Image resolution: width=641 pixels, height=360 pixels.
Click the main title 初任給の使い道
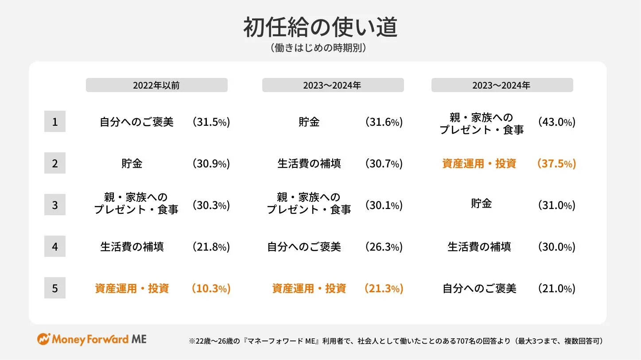click(x=320, y=28)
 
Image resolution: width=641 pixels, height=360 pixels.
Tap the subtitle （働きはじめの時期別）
click(x=320, y=48)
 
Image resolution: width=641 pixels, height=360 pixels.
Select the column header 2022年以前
click(x=156, y=85)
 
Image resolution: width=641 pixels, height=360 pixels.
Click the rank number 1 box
click(x=55, y=121)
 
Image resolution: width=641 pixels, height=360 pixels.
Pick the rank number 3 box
click(x=55, y=205)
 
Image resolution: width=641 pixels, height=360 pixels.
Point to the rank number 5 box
click(x=55, y=288)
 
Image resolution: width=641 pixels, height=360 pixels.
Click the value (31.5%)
click(x=211, y=122)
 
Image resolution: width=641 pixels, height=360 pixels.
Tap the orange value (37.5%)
click(x=556, y=163)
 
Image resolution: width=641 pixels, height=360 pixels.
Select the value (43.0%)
click(x=556, y=122)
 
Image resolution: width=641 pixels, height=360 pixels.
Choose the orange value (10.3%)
click(x=211, y=289)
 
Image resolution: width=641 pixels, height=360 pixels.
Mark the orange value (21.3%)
click(x=384, y=289)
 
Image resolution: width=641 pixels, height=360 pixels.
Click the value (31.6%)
click(x=384, y=122)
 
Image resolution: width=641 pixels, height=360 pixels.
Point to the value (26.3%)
click(x=384, y=247)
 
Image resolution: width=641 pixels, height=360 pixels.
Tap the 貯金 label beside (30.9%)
click(x=132, y=163)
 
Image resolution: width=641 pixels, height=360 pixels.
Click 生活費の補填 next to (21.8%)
click(x=132, y=247)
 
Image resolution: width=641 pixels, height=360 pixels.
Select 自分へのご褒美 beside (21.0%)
click(x=479, y=289)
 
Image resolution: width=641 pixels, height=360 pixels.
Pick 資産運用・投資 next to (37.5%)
click(x=479, y=163)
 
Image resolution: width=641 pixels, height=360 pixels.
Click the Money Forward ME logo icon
click(x=43, y=339)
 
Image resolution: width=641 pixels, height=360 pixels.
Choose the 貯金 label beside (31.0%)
click(x=481, y=204)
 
